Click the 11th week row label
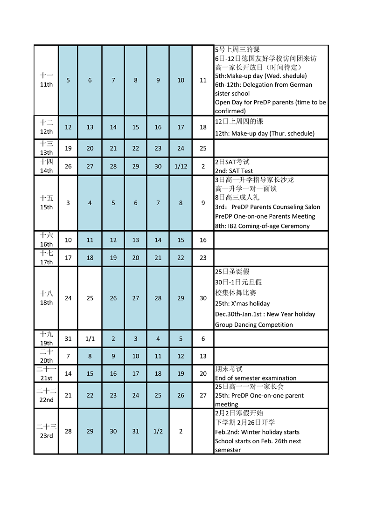click(46, 80)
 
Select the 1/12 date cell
click(181, 166)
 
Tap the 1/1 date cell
click(90, 339)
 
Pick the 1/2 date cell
click(158, 431)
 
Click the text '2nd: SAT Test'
click(234, 171)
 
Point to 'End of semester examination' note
click(256, 378)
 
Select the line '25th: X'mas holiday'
click(242, 303)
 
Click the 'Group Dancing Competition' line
click(254, 325)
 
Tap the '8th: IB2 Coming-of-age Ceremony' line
click(262, 226)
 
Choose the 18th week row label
click(46, 298)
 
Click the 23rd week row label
click(46, 431)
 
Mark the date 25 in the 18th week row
click(90, 298)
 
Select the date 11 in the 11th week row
click(203, 80)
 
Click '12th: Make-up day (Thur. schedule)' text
click(265, 133)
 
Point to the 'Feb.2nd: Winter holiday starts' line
click(257, 432)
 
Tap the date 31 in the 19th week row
click(68, 339)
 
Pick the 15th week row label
click(46, 203)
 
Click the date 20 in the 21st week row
click(203, 373)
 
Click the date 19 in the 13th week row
click(68, 148)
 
